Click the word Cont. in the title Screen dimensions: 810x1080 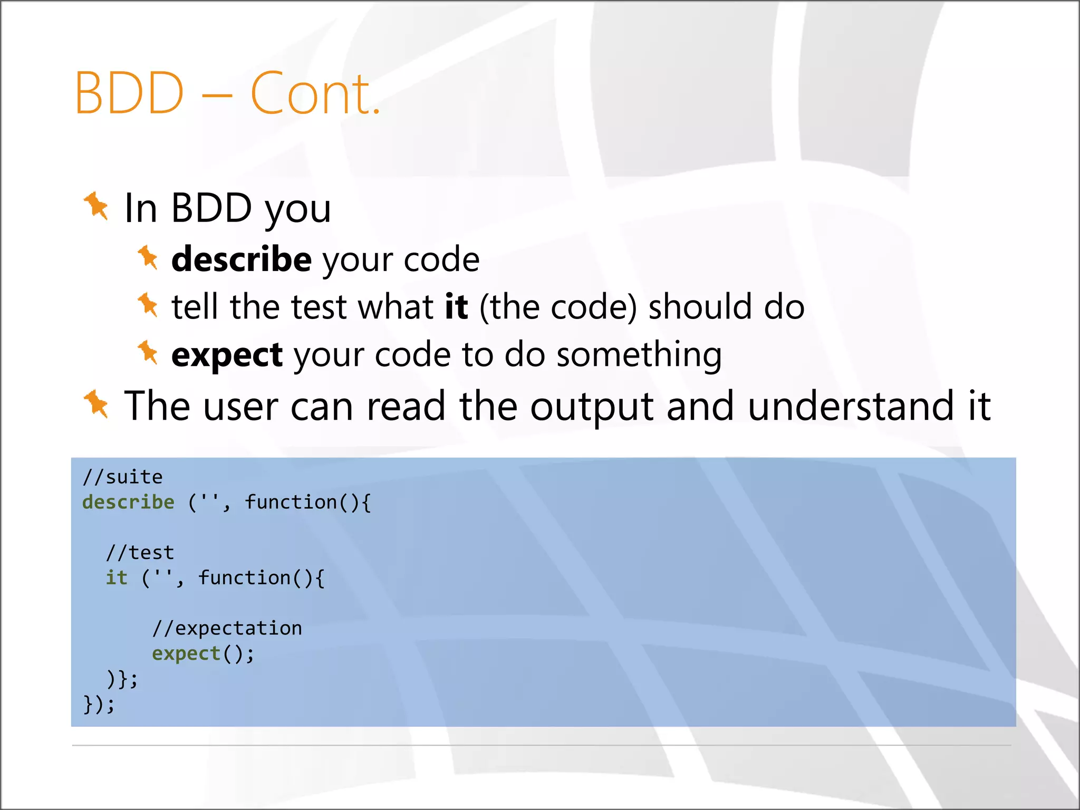click(x=315, y=94)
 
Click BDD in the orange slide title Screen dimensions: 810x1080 click(x=130, y=94)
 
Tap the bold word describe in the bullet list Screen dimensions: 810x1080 click(x=242, y=259)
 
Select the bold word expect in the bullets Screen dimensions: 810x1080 click(x=227, y=355)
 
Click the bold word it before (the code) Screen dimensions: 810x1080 click(x=456, y=307)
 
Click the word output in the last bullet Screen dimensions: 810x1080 click(x=592, y=406)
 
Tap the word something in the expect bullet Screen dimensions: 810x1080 click(x=639, y=355)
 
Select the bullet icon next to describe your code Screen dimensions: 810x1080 click(x=148, y=258)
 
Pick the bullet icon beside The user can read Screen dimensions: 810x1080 click(x=96, y=404)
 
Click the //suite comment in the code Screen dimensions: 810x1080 click(x=122, y=477)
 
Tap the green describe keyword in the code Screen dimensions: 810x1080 click(x=128, y=502)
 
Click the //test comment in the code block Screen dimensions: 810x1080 click(x=140, y=553)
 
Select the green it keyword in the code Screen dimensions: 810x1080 click(x=117, y=578)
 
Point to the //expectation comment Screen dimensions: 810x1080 click(x=227, y=629)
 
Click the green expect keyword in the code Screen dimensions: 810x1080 click(x=186, y=654)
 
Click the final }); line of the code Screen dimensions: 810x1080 click(x=99, y=705)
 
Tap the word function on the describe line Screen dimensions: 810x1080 click(x=291, y=502)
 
